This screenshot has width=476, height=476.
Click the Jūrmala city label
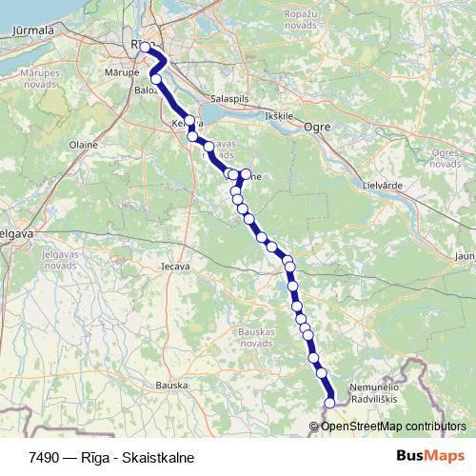pos(31,30)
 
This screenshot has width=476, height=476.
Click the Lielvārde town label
pos(386,184)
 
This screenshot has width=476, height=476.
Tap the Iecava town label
pos(175,266)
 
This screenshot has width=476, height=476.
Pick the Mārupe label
pos(123,72)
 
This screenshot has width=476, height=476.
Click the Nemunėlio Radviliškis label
pos(379,393)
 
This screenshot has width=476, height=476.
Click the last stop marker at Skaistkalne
pos(330,403)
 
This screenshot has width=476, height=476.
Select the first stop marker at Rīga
pos(145,47)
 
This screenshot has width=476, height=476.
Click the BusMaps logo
pos(430,456)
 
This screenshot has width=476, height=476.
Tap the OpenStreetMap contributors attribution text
pos(393,426)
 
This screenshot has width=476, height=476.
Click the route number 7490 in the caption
pos(44,457)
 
